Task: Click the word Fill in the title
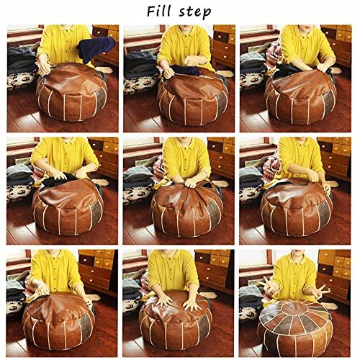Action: [161, 12]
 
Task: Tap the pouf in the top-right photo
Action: [299, 97]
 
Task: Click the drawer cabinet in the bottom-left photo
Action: [97, 270]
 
